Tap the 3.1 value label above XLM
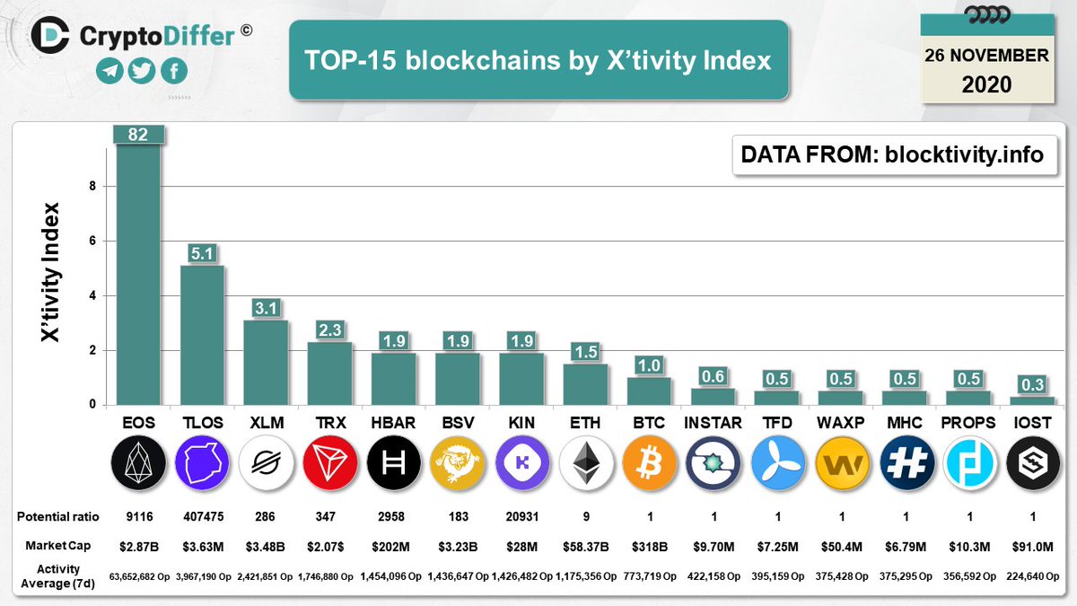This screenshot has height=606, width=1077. click(x=266, y=308)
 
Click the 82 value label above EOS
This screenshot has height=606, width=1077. click(x=138, y=134)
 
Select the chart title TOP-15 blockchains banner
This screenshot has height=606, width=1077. click(x=538, y=60)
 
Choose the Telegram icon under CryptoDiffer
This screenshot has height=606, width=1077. click(x=109, y=71)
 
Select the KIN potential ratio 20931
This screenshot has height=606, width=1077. click(x=521, y=518)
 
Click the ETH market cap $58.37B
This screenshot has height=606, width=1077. click(x=585, y=545)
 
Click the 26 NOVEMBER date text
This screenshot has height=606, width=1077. click(x=986, y=56)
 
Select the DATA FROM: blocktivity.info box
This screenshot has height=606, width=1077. click(x=892, y=154)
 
